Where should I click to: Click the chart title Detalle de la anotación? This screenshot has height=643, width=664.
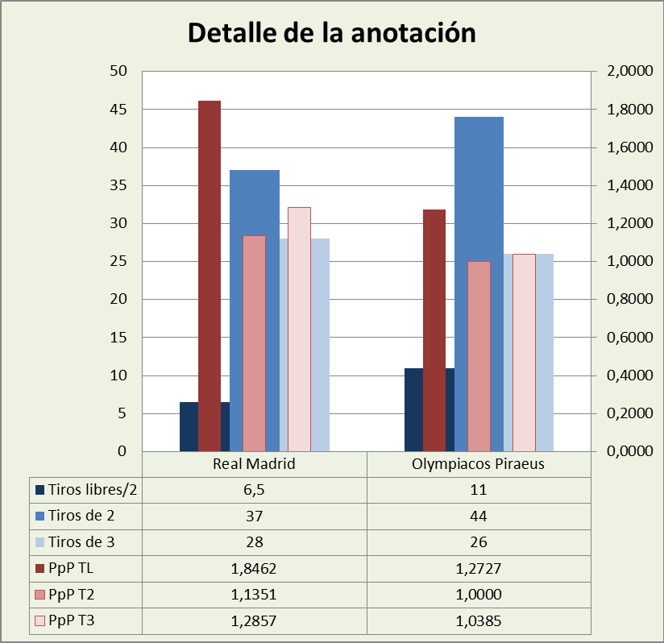pos(331,33)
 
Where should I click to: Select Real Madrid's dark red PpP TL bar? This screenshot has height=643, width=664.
pos(209,274)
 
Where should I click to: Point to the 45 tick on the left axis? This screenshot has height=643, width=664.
pos(119,110)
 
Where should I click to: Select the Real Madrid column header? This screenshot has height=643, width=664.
pos(254,464)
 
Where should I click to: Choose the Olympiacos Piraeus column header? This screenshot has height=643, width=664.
pos(478,464)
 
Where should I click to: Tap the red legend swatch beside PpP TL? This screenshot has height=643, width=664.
pos(39,569)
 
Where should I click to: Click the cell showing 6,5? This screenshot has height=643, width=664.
pos(254,489)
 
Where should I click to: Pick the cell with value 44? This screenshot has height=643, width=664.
pos(478,516)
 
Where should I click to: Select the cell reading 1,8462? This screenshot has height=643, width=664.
pos(254,569)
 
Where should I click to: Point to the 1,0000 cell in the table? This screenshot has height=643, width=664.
pos(478,595)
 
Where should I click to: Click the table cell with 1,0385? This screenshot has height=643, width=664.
pos(478,621)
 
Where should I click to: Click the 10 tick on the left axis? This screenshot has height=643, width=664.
pos(119,376)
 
